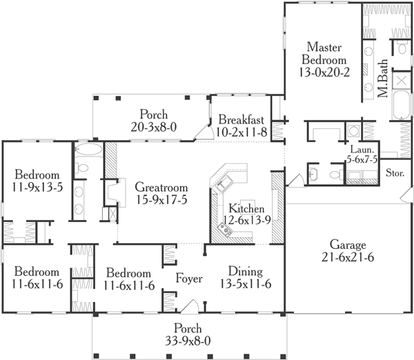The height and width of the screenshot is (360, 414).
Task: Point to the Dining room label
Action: [x=245, y=271]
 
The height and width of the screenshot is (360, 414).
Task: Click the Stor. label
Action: [x=395, y=172]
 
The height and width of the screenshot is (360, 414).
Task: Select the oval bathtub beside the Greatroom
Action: [x=88, y=150]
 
